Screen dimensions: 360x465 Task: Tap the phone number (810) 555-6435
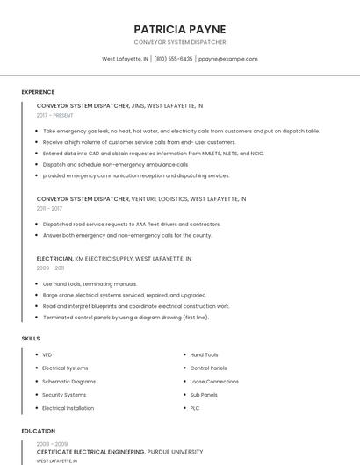pyautogui.click(x=175, y=59)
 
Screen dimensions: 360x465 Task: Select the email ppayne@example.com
pyautogui.click(x=227, y=59)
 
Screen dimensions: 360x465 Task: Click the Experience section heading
pyautogui.click(x=38, y=92)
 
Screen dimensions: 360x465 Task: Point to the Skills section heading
pyautogui.click(x=31, y=338)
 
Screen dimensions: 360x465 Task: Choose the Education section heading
pyautogui.click(x=38, y=431)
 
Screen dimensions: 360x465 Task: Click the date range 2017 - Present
pyautogui.click(x=55, y=115)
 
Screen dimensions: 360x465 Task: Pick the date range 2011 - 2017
pyautogui.click(x=49, y=208)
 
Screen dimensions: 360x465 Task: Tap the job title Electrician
pyautogui.click(x=54, y=259)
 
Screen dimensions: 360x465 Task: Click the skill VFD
pyautogui.click(x=47, y=354)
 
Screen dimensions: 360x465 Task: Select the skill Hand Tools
pyautogui.click(x=204, y=354)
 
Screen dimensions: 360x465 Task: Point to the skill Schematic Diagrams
pyautogui.click(x=68, y=382)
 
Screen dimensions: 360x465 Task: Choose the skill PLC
pyautogui.click(x=195, y=408)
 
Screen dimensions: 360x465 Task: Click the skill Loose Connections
pyautogui.click(x=214, y=382)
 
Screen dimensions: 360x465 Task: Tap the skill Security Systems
pyautogui.click(x=64, y=395)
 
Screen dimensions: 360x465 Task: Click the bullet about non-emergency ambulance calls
pyautogui.click(x=115, y=164)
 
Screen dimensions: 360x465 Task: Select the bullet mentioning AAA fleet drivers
pyautogui.click(x=132, y=224)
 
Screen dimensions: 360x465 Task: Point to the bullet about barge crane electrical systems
pyautogui.click(x=125, y=296)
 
